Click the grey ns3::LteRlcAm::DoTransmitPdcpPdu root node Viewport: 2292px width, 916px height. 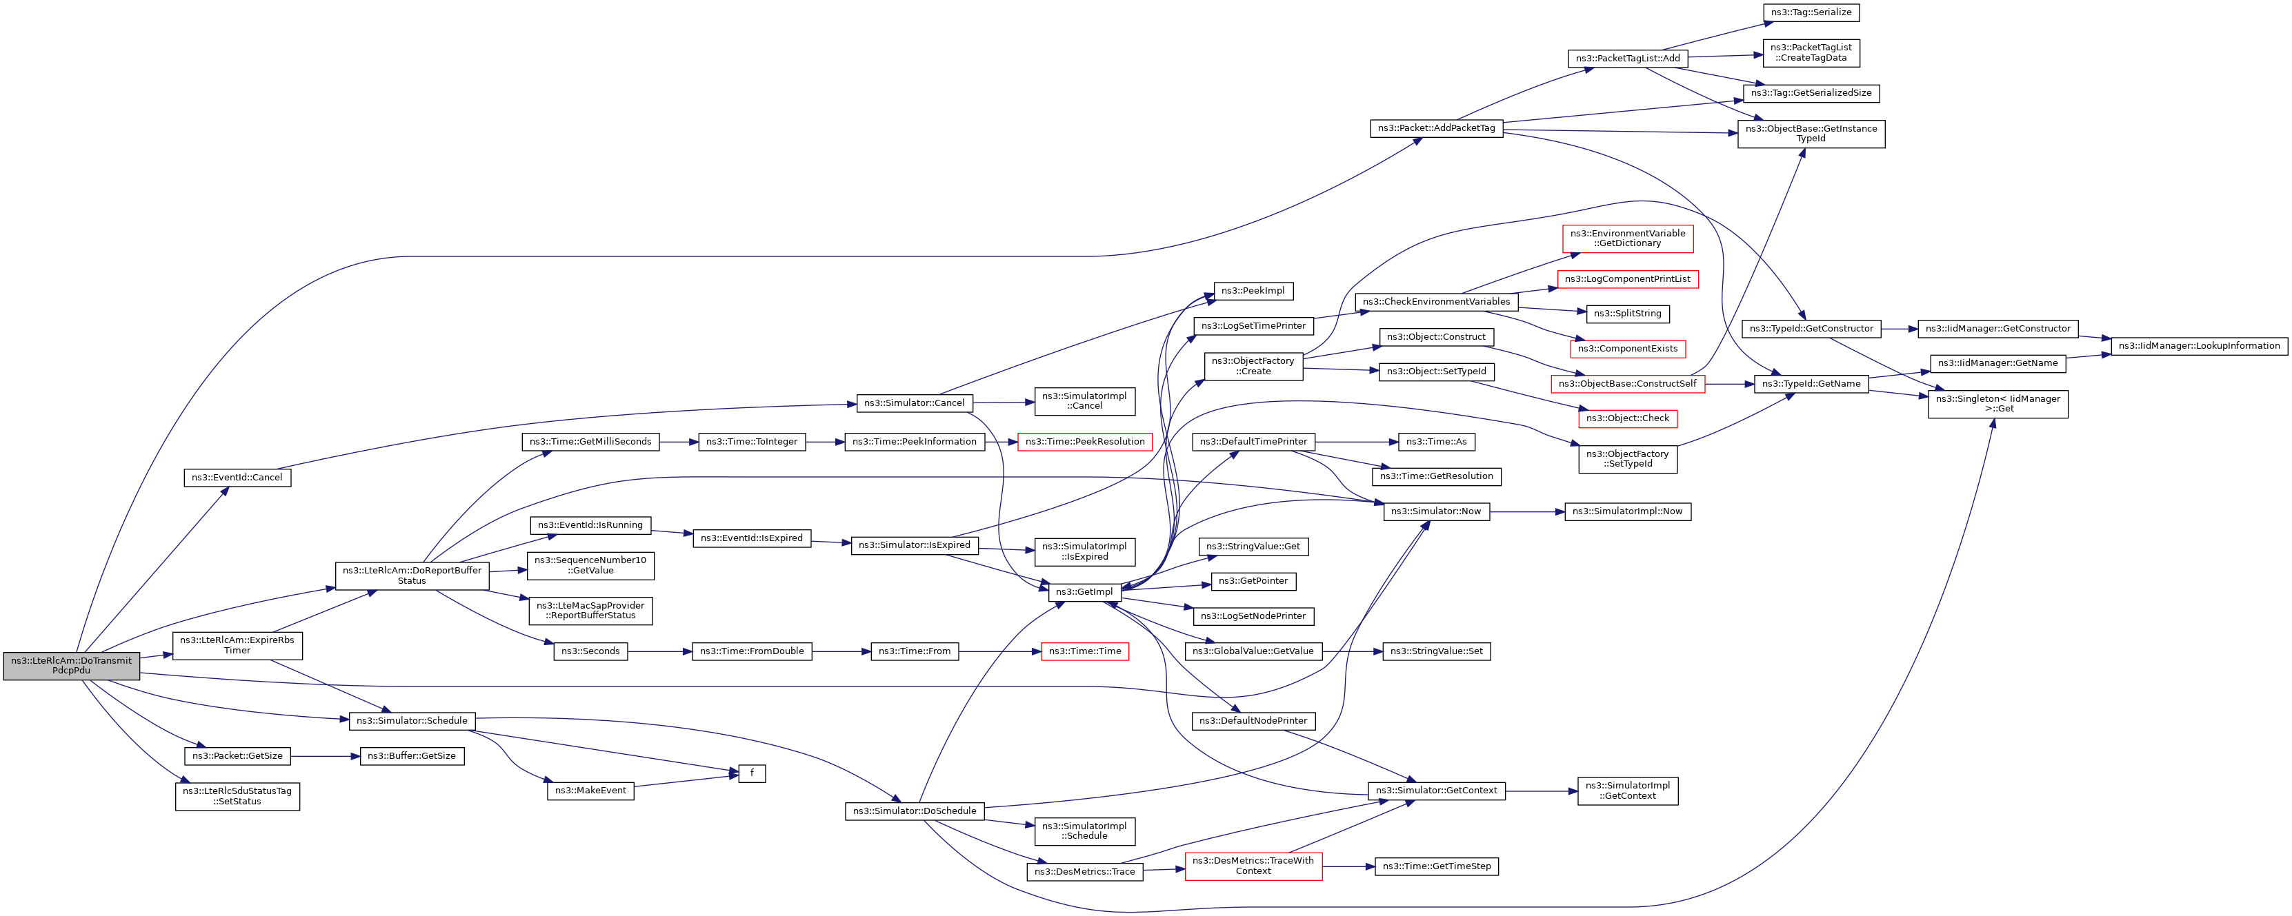(x=71, y=665)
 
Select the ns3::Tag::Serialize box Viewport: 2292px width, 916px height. (x=1811, y=12)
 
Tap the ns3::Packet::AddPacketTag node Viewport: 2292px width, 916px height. (x=1436, y=128)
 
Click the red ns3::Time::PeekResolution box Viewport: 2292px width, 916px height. (x=1084, y=442)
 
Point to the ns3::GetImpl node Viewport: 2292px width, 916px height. (x=1084, y=592)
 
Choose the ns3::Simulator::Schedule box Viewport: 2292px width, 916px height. (x=412, y=720)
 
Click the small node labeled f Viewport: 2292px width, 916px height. (x=752, y=774)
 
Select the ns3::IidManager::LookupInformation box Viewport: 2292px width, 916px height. (x=2199, y=346)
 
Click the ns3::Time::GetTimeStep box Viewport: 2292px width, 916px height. (x=1436, y=866)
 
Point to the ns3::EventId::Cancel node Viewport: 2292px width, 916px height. (x=237, y=478)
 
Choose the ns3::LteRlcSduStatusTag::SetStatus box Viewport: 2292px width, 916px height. (x=237, y=796)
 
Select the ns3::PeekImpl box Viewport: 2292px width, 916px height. (x=1253, y=291)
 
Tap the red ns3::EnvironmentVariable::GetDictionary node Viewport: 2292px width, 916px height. (x=1627, y=238)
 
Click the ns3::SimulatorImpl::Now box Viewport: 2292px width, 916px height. (x=1627, y=511)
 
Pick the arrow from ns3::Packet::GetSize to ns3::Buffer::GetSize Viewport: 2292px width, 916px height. (x=325, y=757)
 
